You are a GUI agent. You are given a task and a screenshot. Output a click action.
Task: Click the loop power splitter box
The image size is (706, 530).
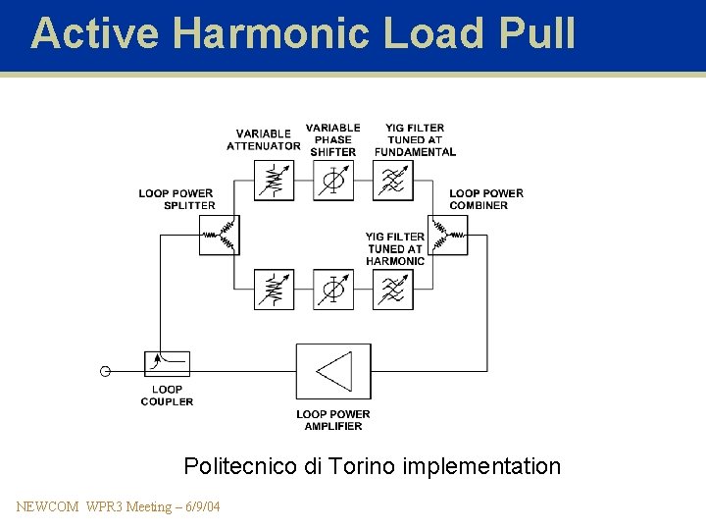coord(219,236)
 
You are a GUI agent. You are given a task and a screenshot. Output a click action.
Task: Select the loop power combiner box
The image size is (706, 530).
coord(448,236)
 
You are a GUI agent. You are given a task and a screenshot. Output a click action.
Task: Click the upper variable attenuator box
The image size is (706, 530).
coord(275,181)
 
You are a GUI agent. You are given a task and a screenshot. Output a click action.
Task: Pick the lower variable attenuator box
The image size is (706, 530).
coord(275,290)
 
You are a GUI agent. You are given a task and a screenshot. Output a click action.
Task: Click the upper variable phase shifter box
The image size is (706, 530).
coord(333,181)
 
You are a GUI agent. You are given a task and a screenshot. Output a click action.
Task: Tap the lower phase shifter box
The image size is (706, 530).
coord(333,290)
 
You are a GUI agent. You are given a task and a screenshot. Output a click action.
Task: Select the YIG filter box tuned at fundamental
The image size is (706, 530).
coord(392,181)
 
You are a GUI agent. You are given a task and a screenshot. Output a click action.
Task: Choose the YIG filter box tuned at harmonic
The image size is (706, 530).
coord(392,290)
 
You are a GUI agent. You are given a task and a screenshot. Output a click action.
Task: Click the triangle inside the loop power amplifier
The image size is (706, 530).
coord(334,371)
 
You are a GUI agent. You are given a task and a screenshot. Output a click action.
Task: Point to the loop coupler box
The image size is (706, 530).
coord(167,364)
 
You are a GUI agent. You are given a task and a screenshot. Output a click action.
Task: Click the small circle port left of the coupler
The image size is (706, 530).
coord(105,371)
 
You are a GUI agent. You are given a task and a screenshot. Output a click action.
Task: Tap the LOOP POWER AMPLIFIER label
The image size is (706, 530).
coord(333,420)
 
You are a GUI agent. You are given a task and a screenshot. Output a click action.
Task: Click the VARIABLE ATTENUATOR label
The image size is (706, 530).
coord(263,139)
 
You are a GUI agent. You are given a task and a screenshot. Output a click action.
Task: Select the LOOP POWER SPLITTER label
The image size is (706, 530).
coord(176,199)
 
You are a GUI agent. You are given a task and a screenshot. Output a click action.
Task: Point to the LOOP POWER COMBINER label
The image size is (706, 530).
coord(486,199)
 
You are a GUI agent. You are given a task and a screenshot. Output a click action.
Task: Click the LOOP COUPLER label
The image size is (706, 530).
coord(167,396)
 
